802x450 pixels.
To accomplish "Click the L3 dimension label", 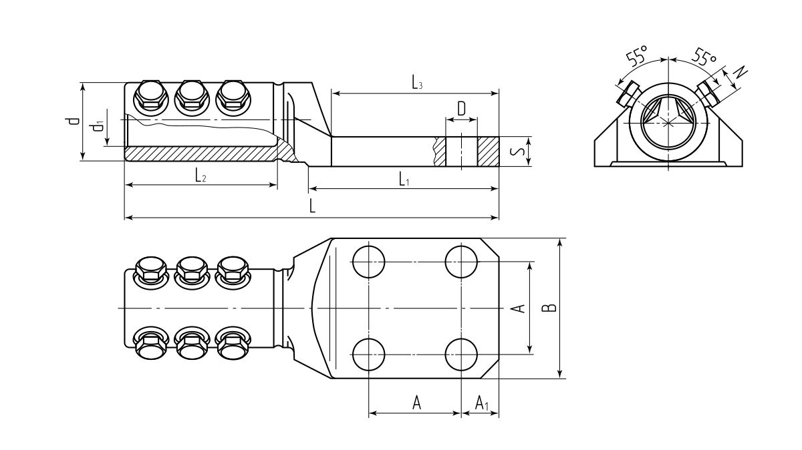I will pos(416,83).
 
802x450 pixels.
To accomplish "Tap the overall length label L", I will pos(312,206).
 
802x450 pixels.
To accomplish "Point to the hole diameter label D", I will pos(461,107).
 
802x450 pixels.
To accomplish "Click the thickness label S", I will pos(517,152).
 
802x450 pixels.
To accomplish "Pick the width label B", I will pos(548,308).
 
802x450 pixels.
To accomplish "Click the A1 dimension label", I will pos(482,403).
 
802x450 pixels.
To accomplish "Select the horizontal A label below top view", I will pos(416,403).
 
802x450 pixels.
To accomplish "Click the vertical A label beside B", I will pos(517,308).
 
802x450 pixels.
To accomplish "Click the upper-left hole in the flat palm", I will pos(369,261).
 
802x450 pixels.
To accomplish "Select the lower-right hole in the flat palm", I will pos(462,354).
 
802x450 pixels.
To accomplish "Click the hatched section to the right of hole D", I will pos(488,152).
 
